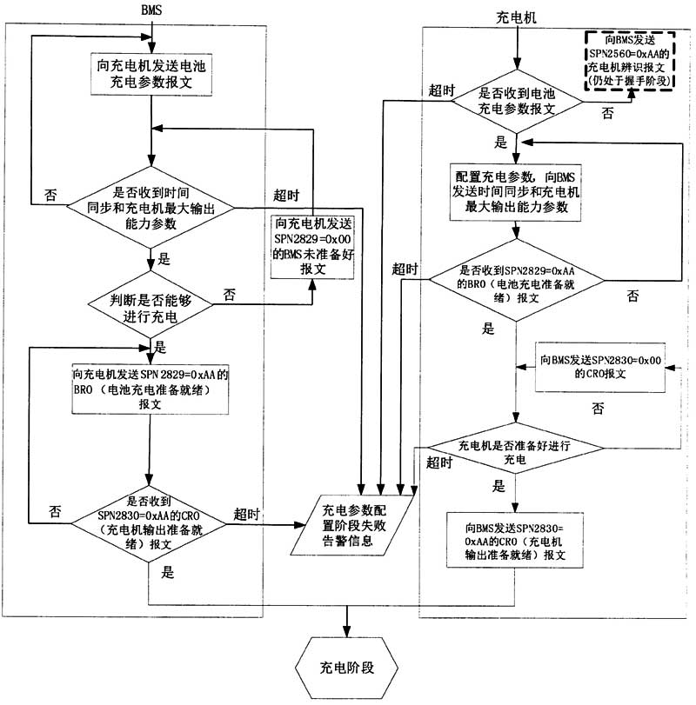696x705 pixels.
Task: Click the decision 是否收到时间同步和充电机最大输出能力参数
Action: point(151,208)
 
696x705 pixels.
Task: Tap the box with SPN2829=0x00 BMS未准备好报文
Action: point(312,247)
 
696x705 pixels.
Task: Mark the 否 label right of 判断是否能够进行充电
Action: point(230,294)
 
